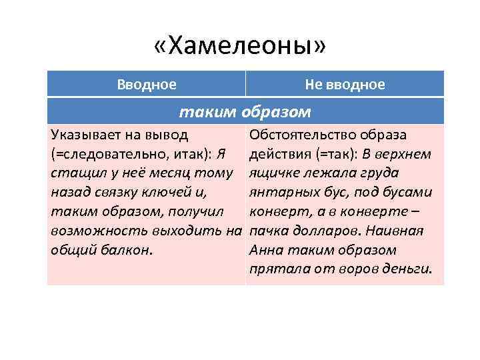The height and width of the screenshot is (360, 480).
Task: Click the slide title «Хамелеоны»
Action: click(x=240, y=48)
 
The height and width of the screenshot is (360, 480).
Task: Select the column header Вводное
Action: click(x=147, y=85)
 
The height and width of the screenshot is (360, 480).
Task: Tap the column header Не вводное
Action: click(x=345, y=85)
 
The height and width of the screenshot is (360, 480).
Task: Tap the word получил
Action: click(x=195, y=212)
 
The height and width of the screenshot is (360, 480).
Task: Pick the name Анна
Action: click(x=265, y=251)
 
